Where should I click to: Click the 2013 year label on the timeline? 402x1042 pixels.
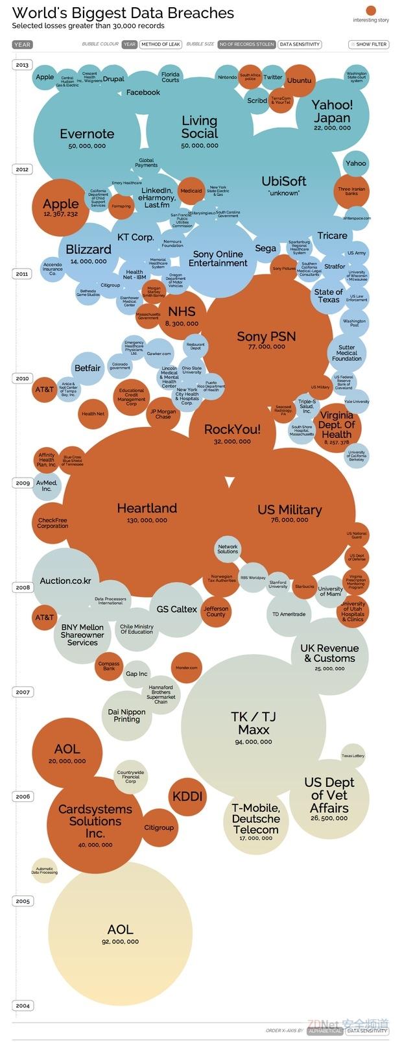click(x=22, y=65)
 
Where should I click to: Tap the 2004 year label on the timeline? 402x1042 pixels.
click(x=23, y=1006)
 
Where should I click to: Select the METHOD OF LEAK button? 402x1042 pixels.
click(x=160, y=44)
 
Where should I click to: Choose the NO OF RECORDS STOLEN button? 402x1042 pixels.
click(x=246, y=44)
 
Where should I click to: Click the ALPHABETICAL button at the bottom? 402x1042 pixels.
click(x=325, y=1030)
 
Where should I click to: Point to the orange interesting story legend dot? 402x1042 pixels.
click(x=371, y=10)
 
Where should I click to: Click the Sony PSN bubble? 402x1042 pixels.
click(x=266, y=337)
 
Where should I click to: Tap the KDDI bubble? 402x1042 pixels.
click(x=187, y=796)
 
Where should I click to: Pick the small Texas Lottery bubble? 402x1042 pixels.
click(x=353, y=755)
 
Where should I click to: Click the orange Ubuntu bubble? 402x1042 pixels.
click(x=299, y=80)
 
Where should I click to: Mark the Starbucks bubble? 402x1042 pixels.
click(x=304, y=587)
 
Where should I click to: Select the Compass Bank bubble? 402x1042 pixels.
click(x=109, y=666)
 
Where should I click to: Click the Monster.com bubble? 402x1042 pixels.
click(x=187, y=668)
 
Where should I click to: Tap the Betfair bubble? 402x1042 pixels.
click(x=88, y=368)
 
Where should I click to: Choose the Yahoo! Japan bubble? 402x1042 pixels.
click(x=332, y=114)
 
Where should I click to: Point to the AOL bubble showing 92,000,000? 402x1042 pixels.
click(x=121, y=933)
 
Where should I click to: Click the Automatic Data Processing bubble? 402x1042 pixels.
click(x=45, y=870)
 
